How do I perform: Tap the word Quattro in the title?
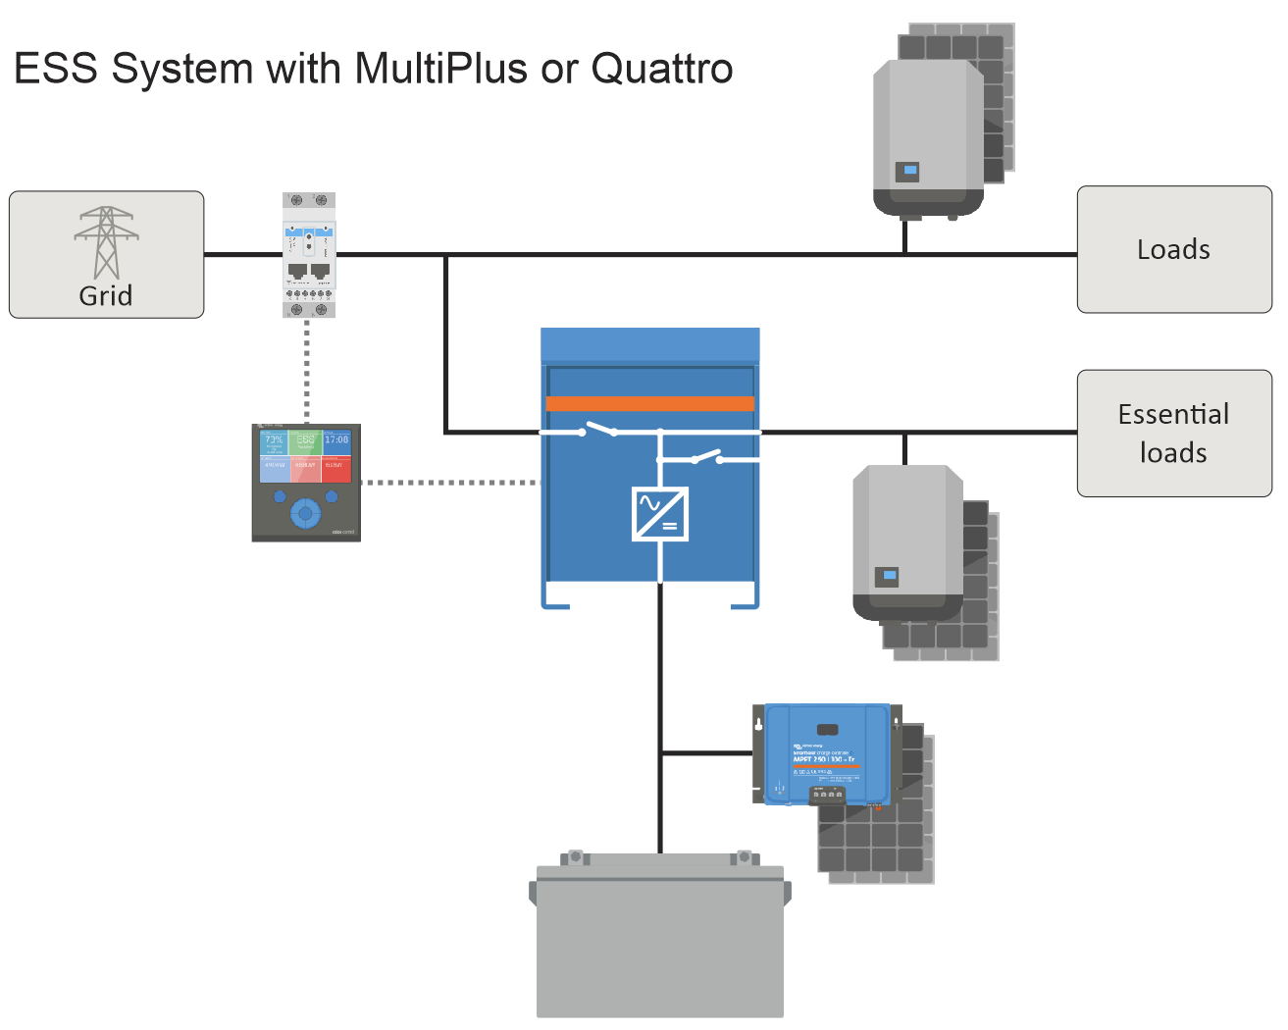(662, 70)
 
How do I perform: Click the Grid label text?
(106, 295)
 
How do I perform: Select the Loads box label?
(1173, 249)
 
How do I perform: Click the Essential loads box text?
(1173, 433)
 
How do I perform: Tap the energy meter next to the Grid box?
(309, 255)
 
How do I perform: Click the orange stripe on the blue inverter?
(649, 403)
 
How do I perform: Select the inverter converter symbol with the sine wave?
(660, 514)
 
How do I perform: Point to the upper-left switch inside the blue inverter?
(598, 430)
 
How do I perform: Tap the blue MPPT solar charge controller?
(826, 753)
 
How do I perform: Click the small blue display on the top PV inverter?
(909, 172)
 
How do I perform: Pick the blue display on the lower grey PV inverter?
(888, 576)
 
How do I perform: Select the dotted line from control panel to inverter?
(450, 483)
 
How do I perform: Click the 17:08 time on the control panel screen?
(336, 440)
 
